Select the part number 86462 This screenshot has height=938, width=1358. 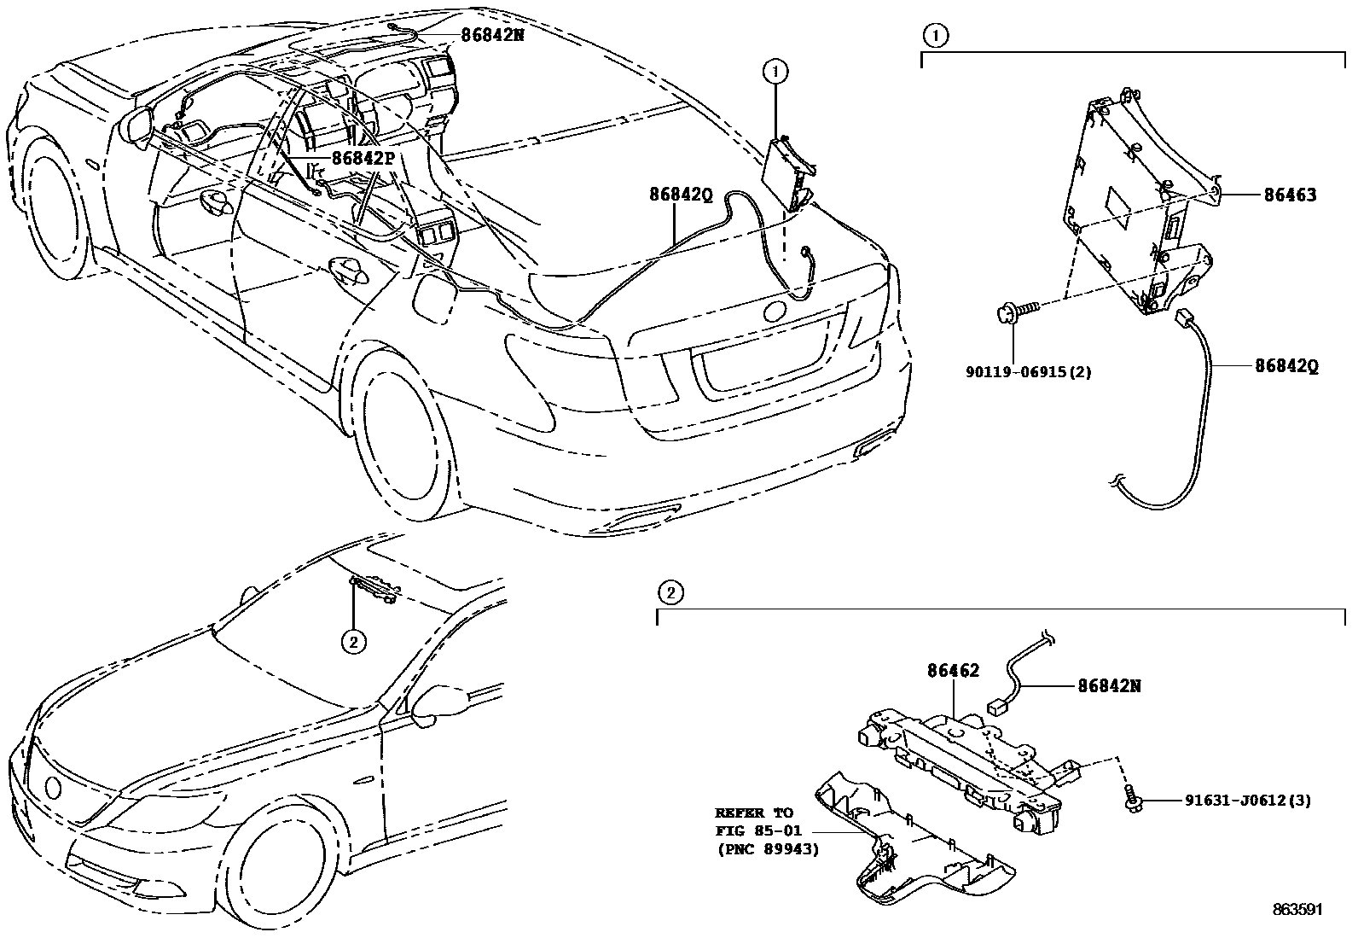pyautogui.click(x=954, y=672)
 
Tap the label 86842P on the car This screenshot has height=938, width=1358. pyautogui.click(x=363, y=158)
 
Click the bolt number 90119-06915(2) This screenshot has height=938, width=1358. pyautogui.click(x=1029, y=371)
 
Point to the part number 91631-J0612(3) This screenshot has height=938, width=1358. pyautogui.click(x=1248, y=801)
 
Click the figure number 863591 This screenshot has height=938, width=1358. pyautogui.click(x=1297, y=910)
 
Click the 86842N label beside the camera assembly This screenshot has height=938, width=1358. pyautogui.click(x=1110, y=685)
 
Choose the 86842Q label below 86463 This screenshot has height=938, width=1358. pyautogui.click(x=1286, y=366)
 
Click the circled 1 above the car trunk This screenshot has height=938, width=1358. pyautogui.click(x=775, y=72)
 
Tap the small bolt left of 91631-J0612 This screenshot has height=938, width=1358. pyautogui.click(x=1132, y=801)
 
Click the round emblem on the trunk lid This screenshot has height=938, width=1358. pyautogui.click(x=777, y=311)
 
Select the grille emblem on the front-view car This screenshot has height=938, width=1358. pyautogui.click(x=53, y=785)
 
